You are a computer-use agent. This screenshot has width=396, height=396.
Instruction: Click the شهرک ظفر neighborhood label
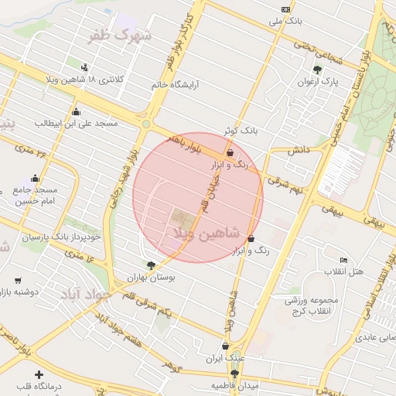click(129, 36)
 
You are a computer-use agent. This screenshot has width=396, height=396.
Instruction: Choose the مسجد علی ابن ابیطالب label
click(64, 123)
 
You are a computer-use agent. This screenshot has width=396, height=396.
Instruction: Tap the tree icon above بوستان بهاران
click(150, 265)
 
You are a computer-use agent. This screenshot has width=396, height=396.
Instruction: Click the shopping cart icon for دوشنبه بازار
click(18, 281)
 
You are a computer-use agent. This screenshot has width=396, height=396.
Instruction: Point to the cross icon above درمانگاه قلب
click(39, 374)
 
